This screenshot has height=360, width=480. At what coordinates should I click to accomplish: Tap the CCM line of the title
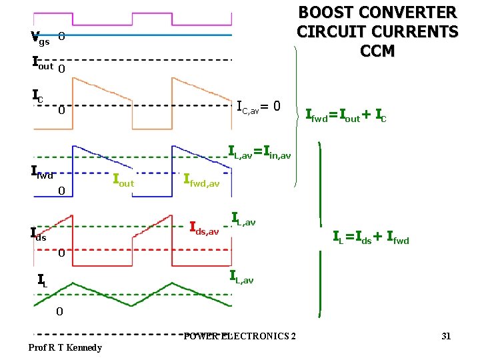377,51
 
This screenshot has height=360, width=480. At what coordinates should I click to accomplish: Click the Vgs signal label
40,38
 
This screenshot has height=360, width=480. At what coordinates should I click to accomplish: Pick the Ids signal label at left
39,233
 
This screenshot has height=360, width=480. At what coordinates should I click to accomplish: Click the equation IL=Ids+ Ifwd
371,237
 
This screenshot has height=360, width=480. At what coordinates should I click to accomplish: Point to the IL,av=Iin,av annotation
259,152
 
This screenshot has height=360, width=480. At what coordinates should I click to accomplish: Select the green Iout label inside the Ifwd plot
123,180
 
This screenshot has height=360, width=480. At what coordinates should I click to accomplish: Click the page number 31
446,336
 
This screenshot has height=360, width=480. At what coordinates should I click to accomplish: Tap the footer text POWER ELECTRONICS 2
240,335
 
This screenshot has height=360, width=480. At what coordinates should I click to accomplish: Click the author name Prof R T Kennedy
65,347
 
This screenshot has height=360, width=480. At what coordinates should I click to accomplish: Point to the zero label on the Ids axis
60,253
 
